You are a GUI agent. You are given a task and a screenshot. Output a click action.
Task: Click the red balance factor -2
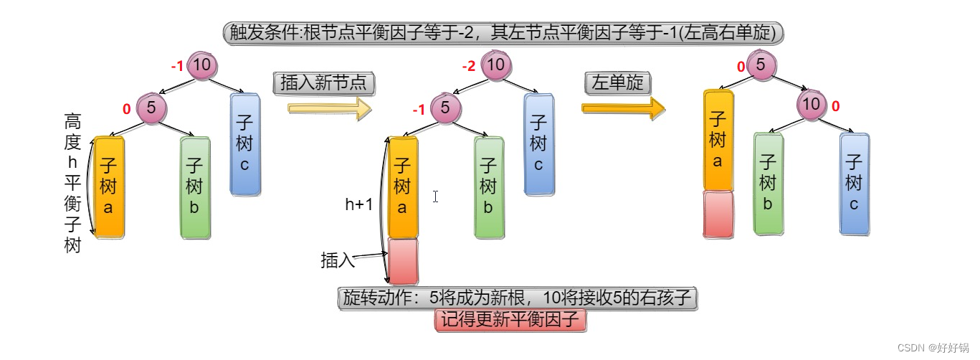(x=469, y=67)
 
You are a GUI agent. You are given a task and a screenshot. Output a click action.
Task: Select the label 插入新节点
(x=323, y=82)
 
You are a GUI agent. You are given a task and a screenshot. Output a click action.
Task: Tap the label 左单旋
(x=617, y=82)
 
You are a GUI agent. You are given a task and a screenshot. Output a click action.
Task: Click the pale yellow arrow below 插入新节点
(x=330, y=108)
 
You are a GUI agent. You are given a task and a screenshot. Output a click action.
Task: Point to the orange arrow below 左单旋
(x=623, y=108)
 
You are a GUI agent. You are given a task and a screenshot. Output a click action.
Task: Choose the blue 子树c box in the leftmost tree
(x=244, y=143)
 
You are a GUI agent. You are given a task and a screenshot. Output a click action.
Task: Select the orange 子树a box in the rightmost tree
(x=718, y=140)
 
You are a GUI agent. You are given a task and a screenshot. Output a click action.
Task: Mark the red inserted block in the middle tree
(x=402, y=262)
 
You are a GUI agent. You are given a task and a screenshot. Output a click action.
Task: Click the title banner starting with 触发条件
(x=504, y=33)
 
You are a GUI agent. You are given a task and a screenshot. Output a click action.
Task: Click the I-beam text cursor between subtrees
(x=435, y=196)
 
